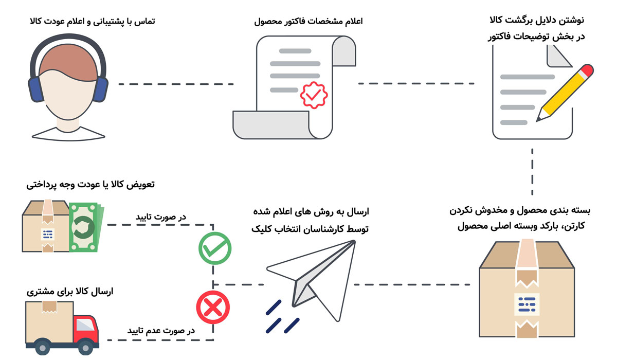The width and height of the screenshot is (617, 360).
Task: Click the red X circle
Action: [213, 308]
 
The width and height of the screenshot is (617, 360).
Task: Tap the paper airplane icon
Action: [314, 278]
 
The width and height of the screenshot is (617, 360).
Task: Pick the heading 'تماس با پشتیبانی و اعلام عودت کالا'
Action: [93, 22]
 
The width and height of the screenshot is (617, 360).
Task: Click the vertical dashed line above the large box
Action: [532, 169]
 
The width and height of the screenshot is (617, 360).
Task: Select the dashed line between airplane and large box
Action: [411, 284]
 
